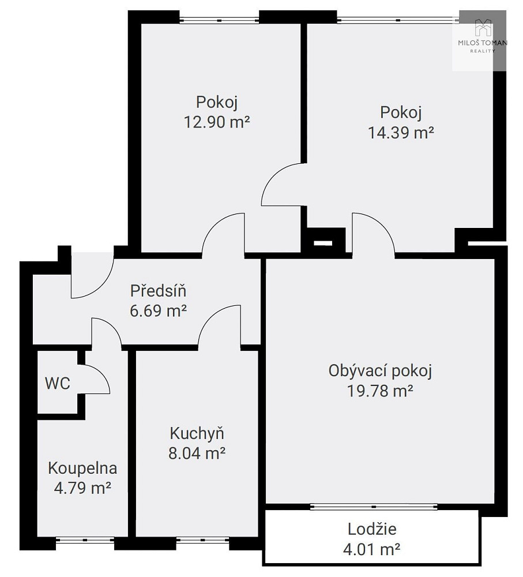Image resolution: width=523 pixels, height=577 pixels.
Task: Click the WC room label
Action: (x=58, y=384)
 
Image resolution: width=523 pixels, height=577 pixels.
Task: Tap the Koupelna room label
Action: (x=83, y=469)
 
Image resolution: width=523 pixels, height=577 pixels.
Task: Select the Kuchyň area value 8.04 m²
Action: (x=197, y=453)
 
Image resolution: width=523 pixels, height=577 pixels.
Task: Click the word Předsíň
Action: (x=158, y=291)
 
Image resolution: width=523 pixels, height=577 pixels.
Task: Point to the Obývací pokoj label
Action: (x=380, y=371)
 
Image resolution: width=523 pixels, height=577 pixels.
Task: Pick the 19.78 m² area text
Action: (x=380, y=391)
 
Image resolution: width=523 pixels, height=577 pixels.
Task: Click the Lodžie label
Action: (x=372, y=529)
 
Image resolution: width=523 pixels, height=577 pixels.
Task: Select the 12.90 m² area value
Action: (x=217, y=122)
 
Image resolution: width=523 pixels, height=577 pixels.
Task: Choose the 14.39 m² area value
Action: (x=401, y=132)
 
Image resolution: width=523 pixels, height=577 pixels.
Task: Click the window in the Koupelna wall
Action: (x=85, y=540)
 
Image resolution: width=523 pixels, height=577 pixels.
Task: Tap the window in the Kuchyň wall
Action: (x=202, y=540)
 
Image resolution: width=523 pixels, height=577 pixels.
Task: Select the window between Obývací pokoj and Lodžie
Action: (x=374, y=507)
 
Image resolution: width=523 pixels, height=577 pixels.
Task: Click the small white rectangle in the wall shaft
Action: (x=323, y=243)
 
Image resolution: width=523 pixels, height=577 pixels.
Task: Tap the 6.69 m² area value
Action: (x=158, y=311)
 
